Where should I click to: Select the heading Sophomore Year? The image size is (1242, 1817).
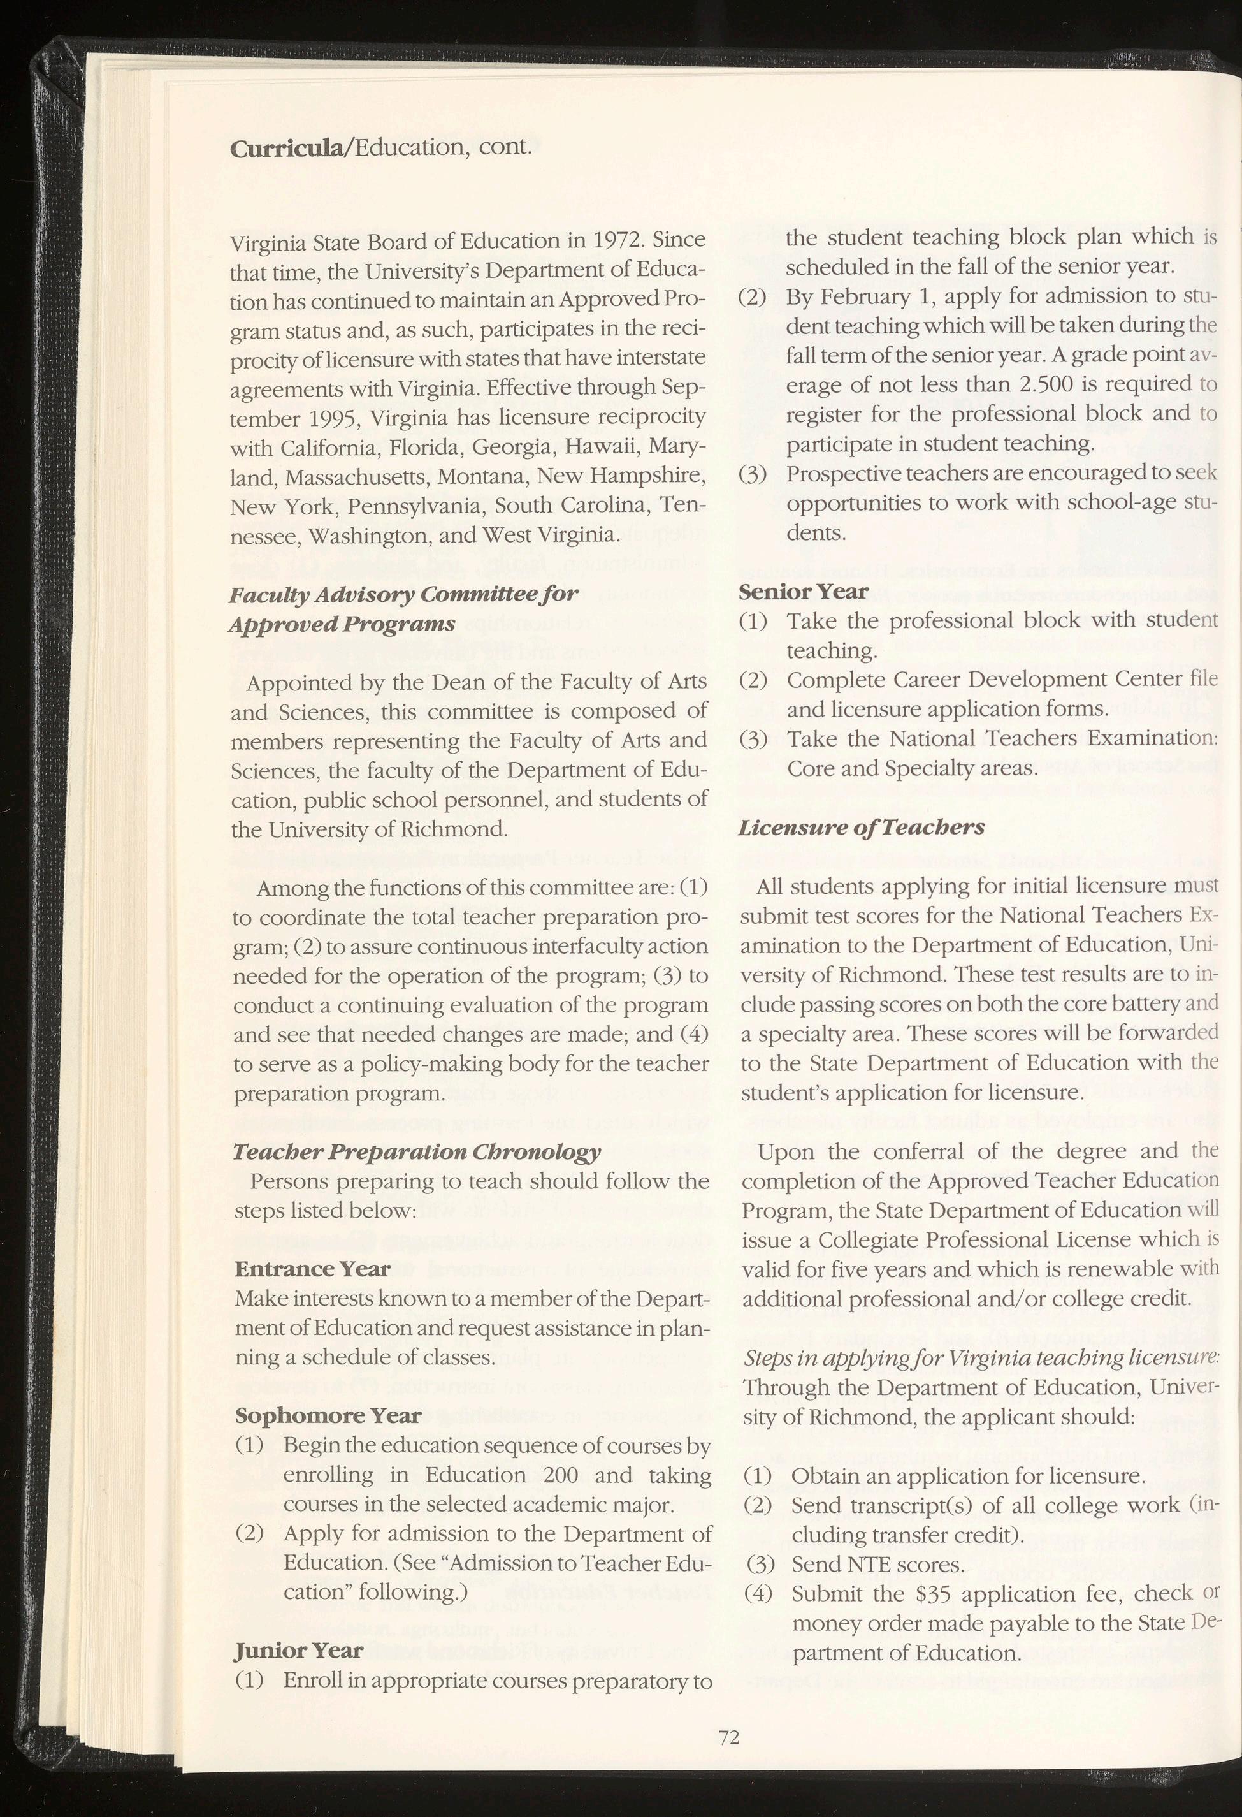point(328,1416)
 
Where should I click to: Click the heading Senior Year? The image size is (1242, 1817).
point(803,592)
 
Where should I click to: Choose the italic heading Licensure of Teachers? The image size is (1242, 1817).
point(862,827)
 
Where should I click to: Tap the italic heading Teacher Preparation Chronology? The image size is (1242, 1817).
point(417,1151)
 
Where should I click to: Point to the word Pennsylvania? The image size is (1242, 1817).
point(417,507)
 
